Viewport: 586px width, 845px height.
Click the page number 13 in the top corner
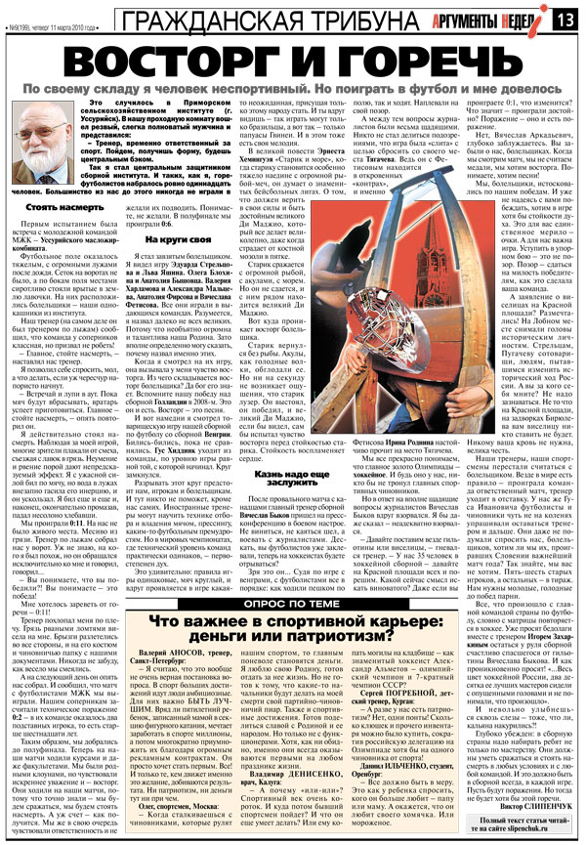(567, 19)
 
